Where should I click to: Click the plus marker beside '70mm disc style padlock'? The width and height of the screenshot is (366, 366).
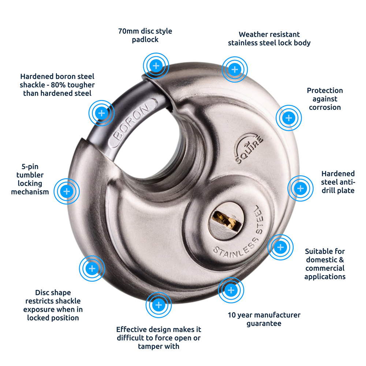click(x=156, y=66)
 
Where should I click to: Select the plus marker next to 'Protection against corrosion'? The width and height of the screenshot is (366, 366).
click(x=288, y=118)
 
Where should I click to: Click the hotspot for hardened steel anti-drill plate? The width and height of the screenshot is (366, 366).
click(x=300, y=188)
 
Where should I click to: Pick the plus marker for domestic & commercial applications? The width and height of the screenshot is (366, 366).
click(x=280, y=247)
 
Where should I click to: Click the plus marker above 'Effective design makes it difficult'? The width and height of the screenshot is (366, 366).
click(x=158, y=305)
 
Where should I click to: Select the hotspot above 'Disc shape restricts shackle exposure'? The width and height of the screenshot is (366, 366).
click(x=92, y=269)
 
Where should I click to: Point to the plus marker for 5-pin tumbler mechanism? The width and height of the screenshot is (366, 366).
click(x=67, y=191)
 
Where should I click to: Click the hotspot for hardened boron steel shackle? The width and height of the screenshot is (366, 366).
click(x=101, y=113)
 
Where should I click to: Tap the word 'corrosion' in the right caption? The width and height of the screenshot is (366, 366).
click(x=325, y=107)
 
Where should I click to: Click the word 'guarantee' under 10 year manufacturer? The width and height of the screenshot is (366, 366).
click(x=264, y=324)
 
